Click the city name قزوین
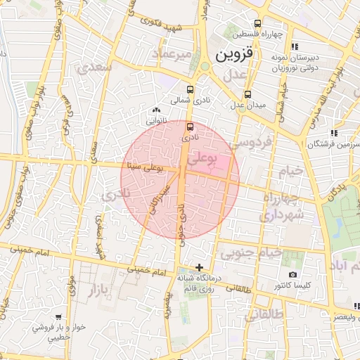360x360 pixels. (233, 54)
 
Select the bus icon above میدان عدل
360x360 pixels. (247, 94)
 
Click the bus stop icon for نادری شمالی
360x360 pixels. (191, 89)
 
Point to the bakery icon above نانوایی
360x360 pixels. (156, 110)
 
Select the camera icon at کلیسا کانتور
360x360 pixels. (292, 274)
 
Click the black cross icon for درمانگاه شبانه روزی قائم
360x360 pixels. (200, 267)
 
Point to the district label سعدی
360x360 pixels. (96, 68)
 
